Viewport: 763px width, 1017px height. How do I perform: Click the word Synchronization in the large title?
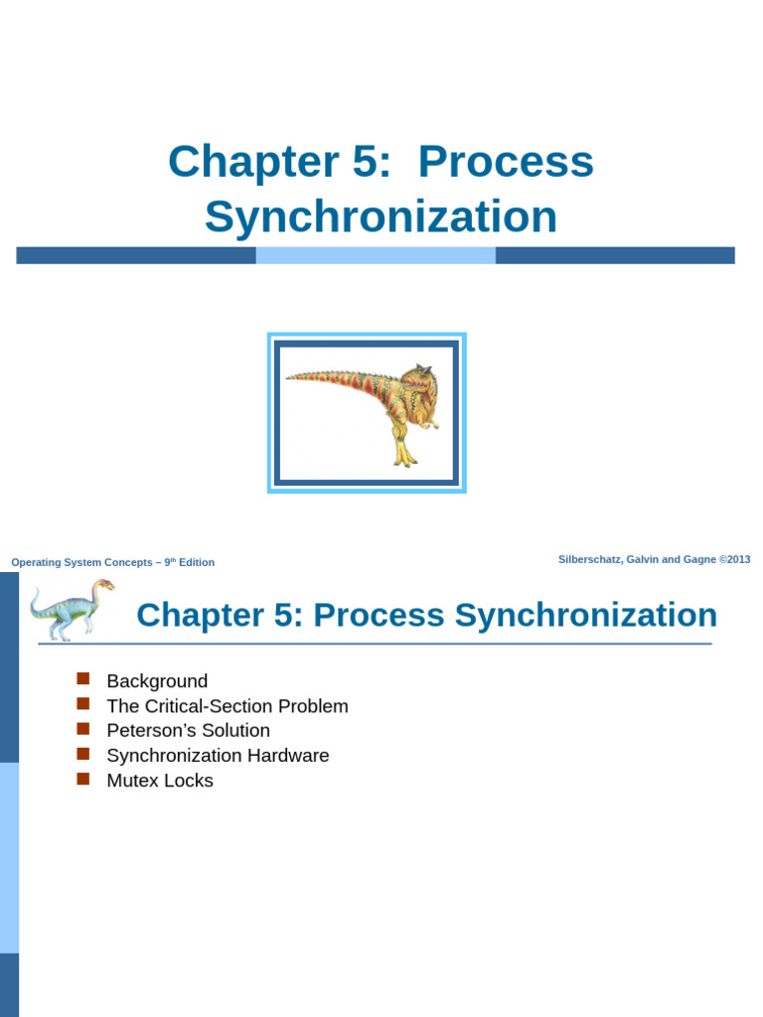(x=381, y=218)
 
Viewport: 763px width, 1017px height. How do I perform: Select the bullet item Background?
(x=157, y=681)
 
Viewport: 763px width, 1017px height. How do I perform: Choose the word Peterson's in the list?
(x=147, y=731)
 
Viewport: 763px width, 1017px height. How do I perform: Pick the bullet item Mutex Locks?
(x=160, y=781)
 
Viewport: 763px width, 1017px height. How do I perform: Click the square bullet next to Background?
(x=83, y=679)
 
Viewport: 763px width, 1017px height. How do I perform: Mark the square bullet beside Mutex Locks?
(x=83, y=779)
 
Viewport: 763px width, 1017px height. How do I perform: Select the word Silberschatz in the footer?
(x=593, y=560)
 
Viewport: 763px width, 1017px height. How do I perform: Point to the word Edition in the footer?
(x=197, y=562)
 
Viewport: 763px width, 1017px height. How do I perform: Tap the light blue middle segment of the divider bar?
(x=376, y=255)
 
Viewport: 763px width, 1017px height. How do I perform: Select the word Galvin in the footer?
(x=650, y=560)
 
